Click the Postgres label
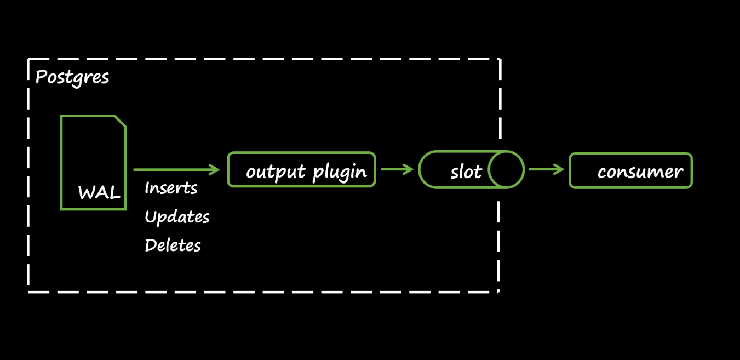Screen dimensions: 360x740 click(x=72, y=77)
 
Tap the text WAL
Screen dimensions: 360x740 click(x=99, y=193)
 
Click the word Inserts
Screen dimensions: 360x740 click(x=171, y=188)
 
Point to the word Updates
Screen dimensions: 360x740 click(x=177, y=217)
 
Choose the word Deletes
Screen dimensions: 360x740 click(x=173, y=245)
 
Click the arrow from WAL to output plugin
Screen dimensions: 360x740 click(x=175, y=169)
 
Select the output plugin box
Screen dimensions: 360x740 click(x=301, y=170)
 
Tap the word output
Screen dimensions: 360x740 click(x=277, y=172)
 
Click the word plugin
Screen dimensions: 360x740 click(x=340, y=172)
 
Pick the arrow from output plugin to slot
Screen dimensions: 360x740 click(x=397, y=170)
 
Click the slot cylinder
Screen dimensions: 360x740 click(x=471, y=170)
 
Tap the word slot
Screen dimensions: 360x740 click(x=466, y=172)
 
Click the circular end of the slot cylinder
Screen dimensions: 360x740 click(x=506, y=170)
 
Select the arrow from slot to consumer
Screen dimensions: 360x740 click(x=546, y=170)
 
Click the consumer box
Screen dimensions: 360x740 click(x=630, y=171)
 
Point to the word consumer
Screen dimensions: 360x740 click(x=640, y=172)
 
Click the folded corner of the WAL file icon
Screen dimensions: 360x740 click(x=121, y=121)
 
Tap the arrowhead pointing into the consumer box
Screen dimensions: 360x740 click(x=559, y=170)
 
